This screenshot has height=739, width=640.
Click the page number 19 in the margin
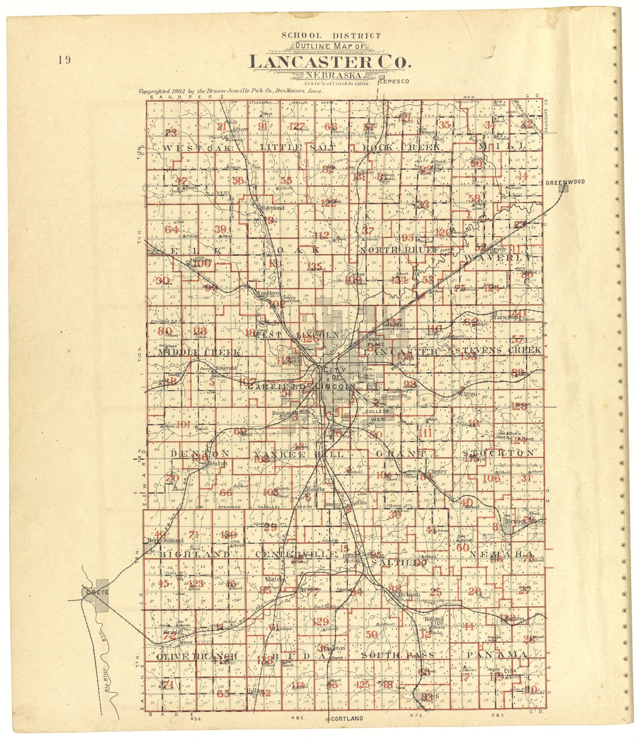[65, 60]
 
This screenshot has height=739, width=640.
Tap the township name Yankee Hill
[298, 454]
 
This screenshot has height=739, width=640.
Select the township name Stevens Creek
[497, 351]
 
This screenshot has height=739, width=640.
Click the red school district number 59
[372, 634]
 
